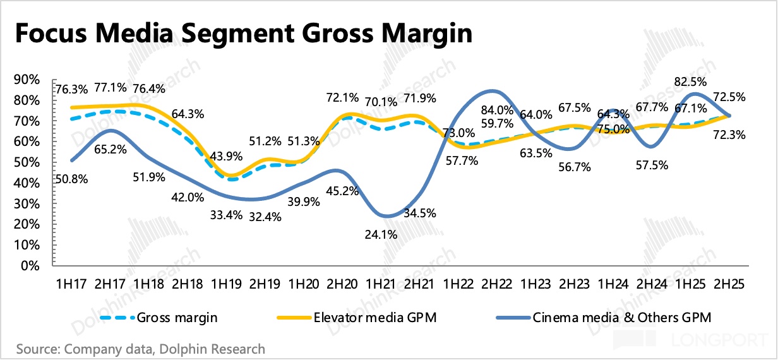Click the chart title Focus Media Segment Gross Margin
(x=242, y=33)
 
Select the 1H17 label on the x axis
(x=70, y=284)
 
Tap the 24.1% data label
(x=381, y=235)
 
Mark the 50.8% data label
(x=71, y=178)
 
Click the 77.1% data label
(x=110, y=87)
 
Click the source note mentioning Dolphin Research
(x=140, y=349)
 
